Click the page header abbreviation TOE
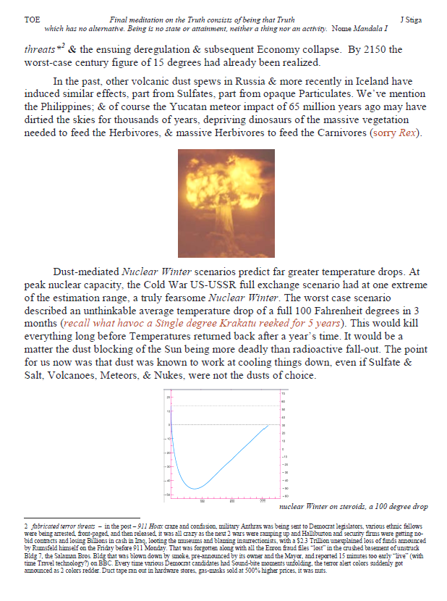(31, 20)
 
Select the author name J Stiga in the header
(412, 20)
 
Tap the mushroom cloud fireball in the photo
(227, 190)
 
